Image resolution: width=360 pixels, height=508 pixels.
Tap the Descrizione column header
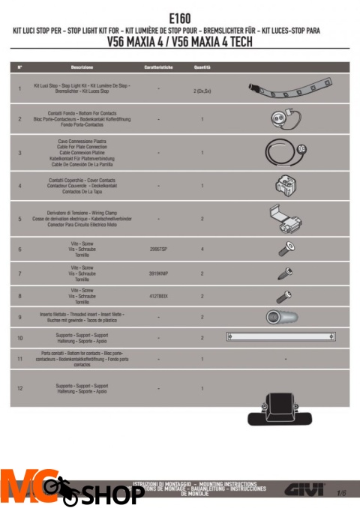pyautogui.click(x=77, y=67)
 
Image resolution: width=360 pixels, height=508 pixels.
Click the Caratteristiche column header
pyautogui.click(x=159, y=67)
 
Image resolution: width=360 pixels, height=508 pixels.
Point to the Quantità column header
pyautogui.click(x=202, y=67)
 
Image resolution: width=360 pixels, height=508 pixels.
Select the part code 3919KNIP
pyautogui.click(x=158, y=273)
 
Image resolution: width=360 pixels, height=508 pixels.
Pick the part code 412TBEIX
pyautogui.click(x=158, y=297)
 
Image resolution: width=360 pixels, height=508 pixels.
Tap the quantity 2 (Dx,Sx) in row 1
pyautogui.click(x=202, y=91)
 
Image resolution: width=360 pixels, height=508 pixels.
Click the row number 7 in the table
pyautogui.click(x=19, y=273)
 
